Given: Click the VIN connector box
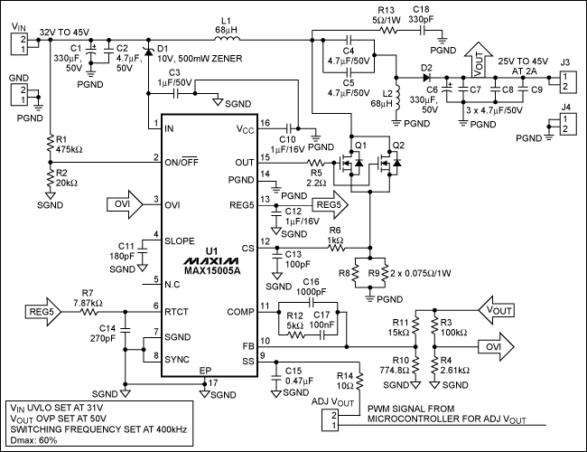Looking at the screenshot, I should coord(20,44).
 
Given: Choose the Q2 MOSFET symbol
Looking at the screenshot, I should coord(390,165).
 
